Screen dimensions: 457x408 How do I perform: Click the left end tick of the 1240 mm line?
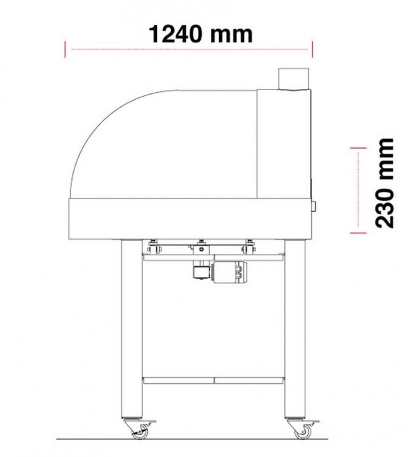point(65,49)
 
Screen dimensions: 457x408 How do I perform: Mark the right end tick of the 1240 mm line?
point(312,49)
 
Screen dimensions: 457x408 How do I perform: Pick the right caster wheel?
point(301,431)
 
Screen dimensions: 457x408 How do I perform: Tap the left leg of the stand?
point(131,326)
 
